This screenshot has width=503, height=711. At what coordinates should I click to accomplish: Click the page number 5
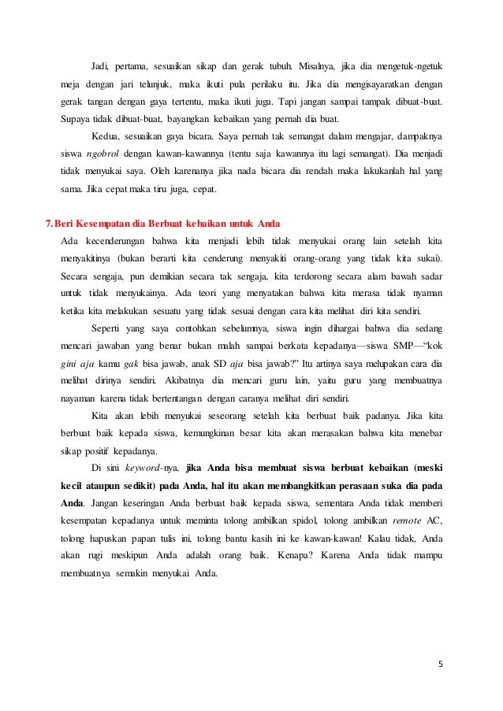point(441,662)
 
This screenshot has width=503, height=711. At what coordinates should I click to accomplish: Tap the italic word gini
point(69,365)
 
